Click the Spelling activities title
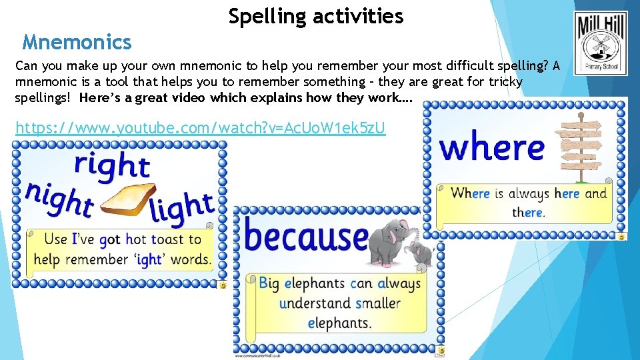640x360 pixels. [316, 16]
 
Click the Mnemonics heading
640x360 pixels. [77, 43]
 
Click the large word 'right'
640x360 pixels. [111, 165]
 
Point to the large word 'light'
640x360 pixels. [181, 207]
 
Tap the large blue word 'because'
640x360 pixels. [306, 237]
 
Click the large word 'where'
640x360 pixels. [492, 147]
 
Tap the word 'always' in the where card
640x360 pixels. [529, 194]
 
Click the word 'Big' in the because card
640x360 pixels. [269, 283]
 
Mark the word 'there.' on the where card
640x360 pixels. [529, 213]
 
